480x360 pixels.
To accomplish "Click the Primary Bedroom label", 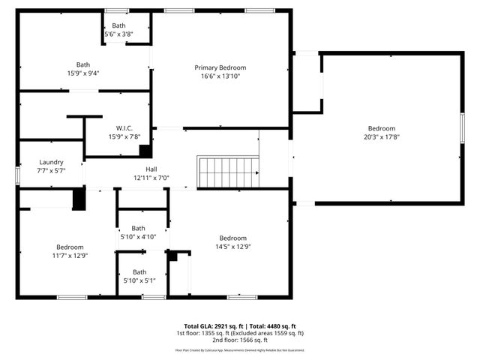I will (220, 67).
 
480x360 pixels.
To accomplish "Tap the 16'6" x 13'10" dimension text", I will (220, 76).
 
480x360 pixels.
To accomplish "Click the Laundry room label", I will (51, 162).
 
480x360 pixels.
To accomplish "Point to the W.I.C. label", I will (124, 128).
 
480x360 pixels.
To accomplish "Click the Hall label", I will (151, 169).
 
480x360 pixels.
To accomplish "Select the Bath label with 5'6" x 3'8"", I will (119, 25).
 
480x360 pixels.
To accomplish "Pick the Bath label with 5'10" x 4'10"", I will (139, 228).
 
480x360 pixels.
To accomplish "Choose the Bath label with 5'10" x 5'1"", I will (139, 272).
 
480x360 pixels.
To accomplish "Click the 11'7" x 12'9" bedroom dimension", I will (70, 255).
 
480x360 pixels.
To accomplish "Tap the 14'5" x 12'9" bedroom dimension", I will (232, 247).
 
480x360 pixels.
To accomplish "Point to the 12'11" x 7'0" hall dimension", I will (151, 178).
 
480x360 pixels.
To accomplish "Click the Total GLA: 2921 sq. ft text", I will (205, 326).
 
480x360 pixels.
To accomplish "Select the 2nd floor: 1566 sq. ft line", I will (240, 340).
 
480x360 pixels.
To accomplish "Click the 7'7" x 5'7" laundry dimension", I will (51, 170).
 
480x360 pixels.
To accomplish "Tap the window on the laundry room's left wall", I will (17, 174).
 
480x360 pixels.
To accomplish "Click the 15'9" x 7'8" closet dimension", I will (124, 136).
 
